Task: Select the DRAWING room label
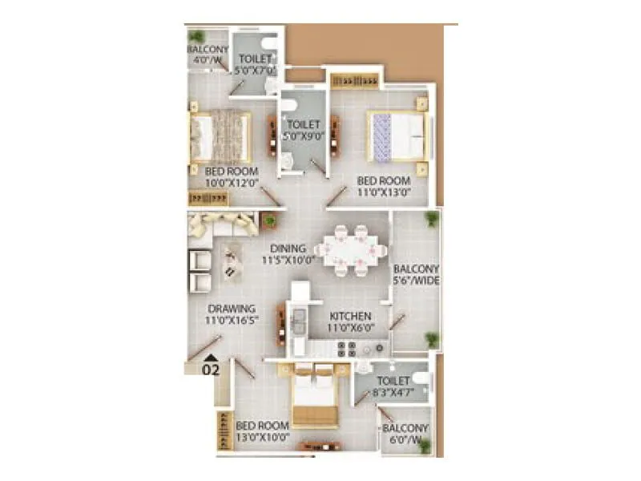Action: [231, 309]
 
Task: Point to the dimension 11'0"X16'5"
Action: [231, 321]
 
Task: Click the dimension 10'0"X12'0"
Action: [231, 184]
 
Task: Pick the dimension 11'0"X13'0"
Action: [384, 192]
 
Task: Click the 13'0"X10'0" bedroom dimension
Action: [262, 438]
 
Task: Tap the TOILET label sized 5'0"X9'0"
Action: [304, 125]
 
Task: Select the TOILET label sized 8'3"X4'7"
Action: [393, 382]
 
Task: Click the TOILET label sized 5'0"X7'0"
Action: [254, 59]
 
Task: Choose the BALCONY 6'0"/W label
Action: [405, 429]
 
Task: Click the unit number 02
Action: [210, 370]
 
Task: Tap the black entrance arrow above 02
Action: [210, 357]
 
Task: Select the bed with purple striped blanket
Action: [396, 136]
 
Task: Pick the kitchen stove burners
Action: [346, 349]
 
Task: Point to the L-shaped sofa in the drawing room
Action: [216, 226]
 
